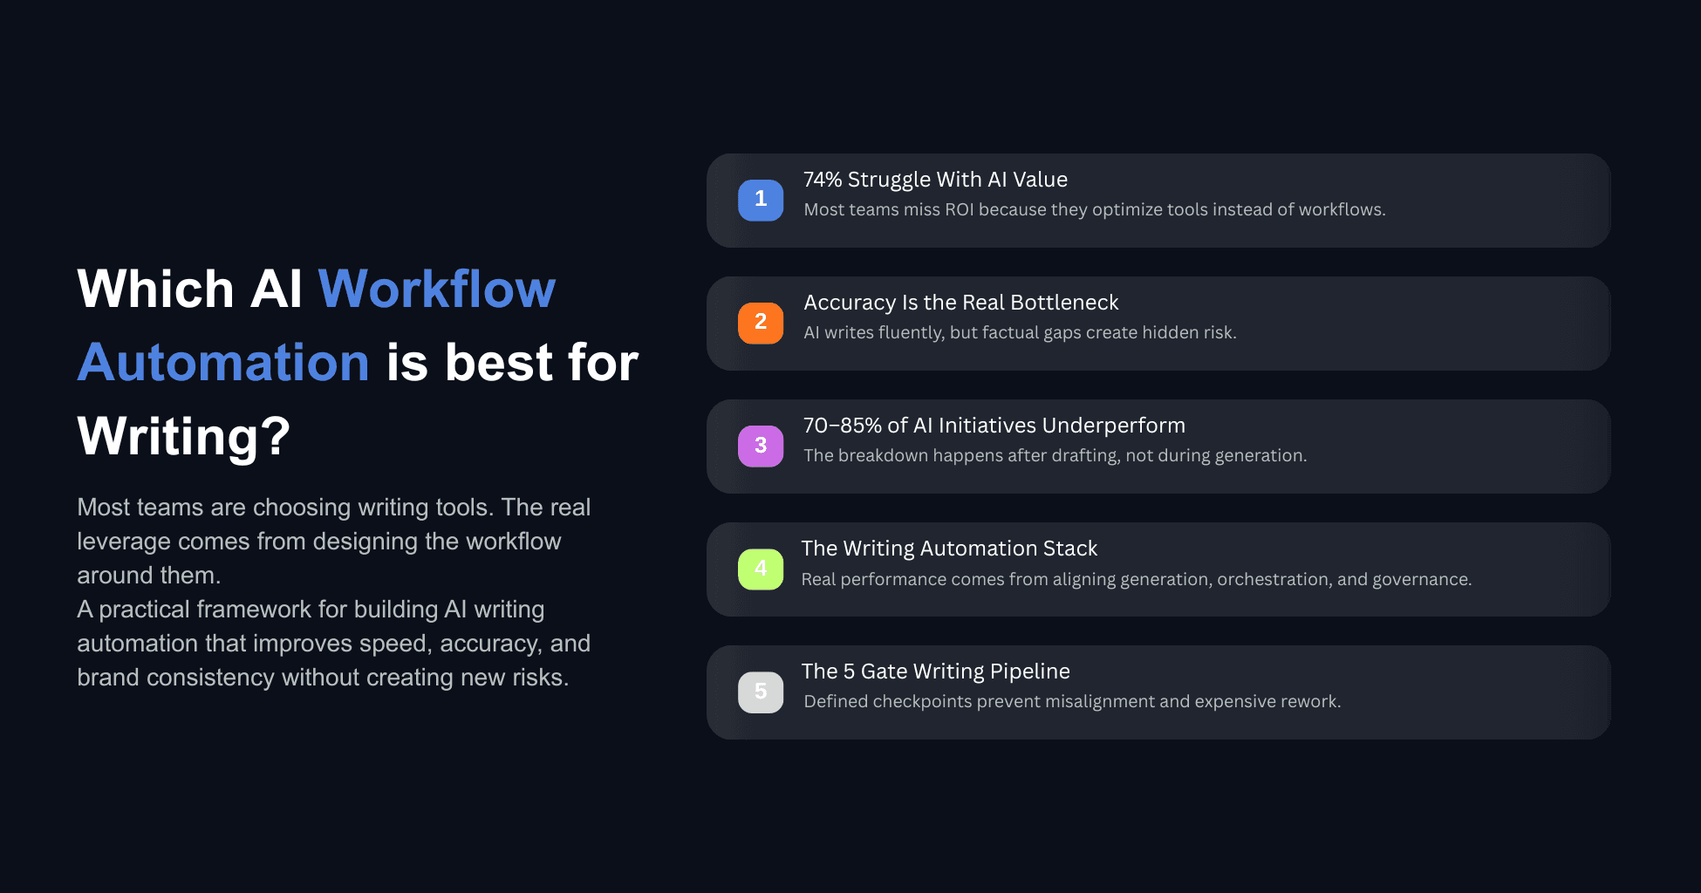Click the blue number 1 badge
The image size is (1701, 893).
coord(761,200)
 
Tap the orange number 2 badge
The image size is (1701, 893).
coord(761,323)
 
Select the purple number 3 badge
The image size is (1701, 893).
coord(761,446)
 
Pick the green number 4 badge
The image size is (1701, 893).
coord(761,569)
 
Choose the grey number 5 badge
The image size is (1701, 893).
coord(761,692)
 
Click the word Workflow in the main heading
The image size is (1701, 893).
coord(436,289)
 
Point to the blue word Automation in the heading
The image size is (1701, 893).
coord(223,362)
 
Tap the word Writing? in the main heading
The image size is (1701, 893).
coord(183,436)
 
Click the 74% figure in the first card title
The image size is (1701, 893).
coord(823,180)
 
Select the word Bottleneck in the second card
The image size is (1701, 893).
coord(1064,303)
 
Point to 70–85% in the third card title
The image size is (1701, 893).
coord(842,426)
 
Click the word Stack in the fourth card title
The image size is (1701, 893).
coord(1070,549)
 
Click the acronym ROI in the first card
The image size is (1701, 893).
coord(959,210)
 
